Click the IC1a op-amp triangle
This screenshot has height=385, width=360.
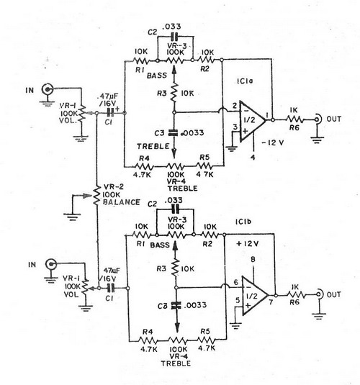click(x=251, y=121)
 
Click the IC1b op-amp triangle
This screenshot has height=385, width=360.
click(x=253, y=296)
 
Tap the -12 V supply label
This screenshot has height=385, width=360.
click(x=272, y=142)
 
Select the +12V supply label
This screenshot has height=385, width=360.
click(x=247, y=243)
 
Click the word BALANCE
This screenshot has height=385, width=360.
click(x=122, y=202)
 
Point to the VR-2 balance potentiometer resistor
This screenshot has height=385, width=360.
click(x=96, y=195)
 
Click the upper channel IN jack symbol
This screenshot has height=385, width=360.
click(x=48, y=89)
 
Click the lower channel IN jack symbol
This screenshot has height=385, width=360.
click(x=51, y=264)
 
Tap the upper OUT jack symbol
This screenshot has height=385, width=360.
click(x=318, y=119)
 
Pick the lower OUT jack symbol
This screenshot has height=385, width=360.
click(x=320, y=294)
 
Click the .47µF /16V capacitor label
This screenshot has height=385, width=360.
click(x=107, y=99)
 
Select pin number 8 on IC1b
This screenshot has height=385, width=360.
click(x=253, y=259)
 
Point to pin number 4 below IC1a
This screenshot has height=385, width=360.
click(x=253, y=157)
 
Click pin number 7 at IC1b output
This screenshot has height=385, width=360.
click(x=271, y=302)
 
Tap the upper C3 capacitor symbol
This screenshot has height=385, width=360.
click(x=174, y=132)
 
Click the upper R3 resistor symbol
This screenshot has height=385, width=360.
click(x=174, y=94)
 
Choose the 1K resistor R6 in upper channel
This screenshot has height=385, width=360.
click(x=295, y=119)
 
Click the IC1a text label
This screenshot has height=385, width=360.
click(x=245, y=81)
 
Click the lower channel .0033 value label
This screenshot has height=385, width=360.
click(x=195, y=305)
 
